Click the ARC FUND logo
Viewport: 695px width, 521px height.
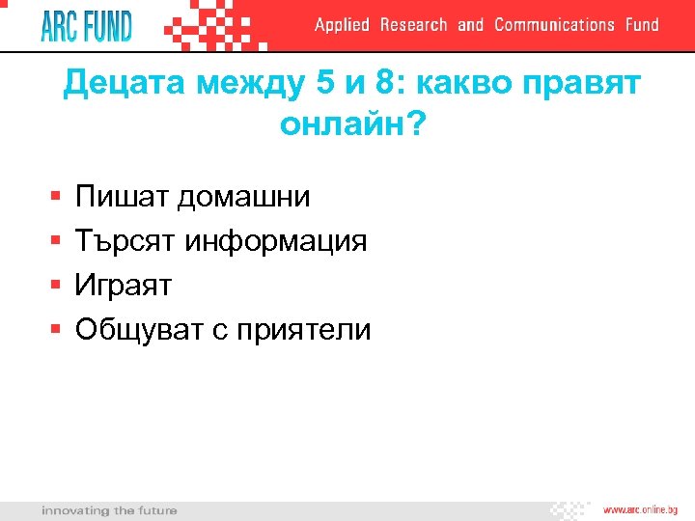(x=86, y=25)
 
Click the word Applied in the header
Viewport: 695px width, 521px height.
(x=342, y=25)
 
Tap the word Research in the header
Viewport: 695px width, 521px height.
(x=413, y=25)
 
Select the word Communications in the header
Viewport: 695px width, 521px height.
(x=554, y=25)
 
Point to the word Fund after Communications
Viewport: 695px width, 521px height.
(x=642, y=25)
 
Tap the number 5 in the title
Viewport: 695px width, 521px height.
(x=325, y=84)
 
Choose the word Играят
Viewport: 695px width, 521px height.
(x=123, y=286)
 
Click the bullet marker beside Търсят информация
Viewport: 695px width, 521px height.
(x=54, y=241)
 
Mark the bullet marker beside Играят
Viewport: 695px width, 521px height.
(x=54, y=286)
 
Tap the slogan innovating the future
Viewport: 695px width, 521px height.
(x=109, y=509)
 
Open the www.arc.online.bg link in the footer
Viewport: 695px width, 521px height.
(x=640, y=509)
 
